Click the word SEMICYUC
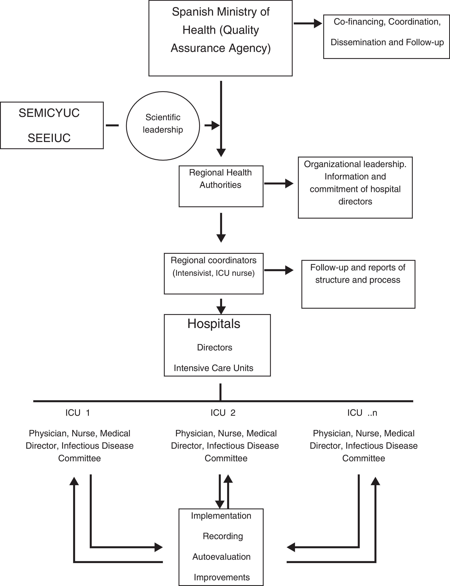[x=49, y=113]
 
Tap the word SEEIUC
[x=49, y=138]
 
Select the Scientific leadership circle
[x=163, y=126]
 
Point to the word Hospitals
[x=214, y=324]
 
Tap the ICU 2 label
[x=223, y=413]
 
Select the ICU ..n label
[x=362, y=413]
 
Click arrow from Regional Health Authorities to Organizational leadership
[x=279, y=184]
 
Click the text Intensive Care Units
[x=214, y=368]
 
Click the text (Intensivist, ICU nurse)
[x=214, y=273]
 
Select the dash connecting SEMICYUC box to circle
[x=112, y=125]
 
